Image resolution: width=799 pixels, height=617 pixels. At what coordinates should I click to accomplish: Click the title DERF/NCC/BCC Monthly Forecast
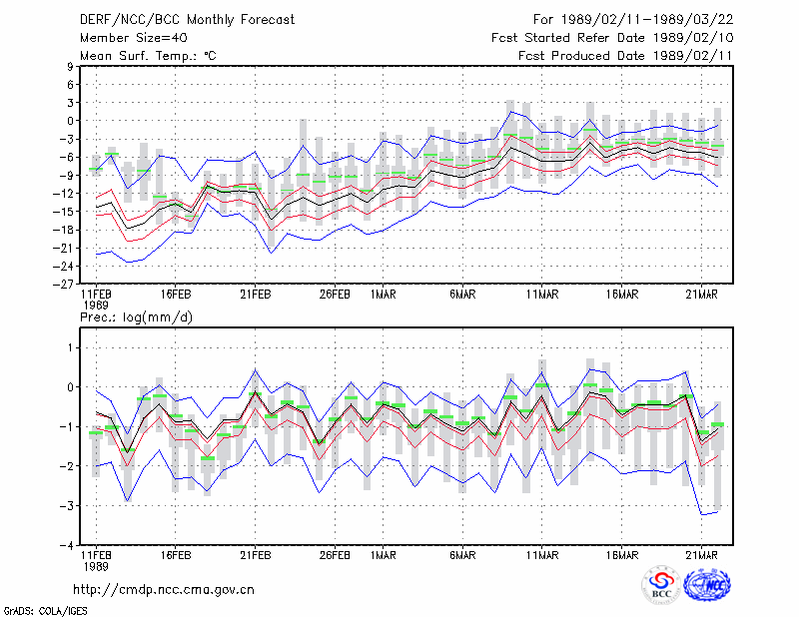(187, 20)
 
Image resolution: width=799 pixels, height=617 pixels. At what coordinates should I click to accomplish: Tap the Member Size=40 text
(134, 38)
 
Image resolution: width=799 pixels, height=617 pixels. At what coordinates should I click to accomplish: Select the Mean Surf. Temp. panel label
(148, 56)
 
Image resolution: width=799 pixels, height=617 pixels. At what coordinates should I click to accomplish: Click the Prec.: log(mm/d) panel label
(136, 317)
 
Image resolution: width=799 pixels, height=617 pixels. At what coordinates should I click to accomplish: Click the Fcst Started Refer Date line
(612, 38)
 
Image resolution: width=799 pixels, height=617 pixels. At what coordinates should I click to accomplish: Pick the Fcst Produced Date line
(626, 56)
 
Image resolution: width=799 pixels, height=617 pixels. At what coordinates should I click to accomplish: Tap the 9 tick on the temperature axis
(70, 66)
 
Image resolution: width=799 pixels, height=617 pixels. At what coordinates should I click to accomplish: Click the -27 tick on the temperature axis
(64, 285)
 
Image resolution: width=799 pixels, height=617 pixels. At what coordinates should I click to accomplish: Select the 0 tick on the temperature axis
(70, 121)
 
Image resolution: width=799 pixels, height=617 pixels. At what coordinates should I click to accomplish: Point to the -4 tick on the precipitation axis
(67, 546)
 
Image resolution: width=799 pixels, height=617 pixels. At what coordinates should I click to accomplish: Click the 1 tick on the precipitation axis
(71, 348)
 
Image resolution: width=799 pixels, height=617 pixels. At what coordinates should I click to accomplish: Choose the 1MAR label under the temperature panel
(384, 295)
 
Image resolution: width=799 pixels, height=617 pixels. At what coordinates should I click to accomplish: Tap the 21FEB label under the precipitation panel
(256, 555)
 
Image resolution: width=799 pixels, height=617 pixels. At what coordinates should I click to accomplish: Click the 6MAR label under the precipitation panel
(462, 555)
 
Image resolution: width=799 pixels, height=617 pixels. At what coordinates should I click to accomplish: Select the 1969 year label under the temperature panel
(96, 306)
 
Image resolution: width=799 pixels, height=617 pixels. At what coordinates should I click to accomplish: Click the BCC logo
(661, 585)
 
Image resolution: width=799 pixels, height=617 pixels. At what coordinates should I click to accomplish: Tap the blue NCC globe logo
(707, 585)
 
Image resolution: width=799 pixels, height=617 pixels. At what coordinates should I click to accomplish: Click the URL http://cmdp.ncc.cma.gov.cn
(164, 590)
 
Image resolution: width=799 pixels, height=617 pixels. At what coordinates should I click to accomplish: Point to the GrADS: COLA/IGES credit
(45, 611)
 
